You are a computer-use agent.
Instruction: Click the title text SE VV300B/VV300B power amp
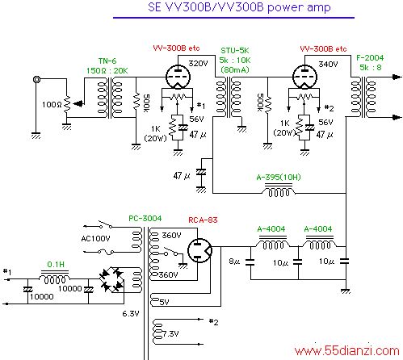pos(239,7)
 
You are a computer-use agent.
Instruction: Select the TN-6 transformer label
pos(107,61)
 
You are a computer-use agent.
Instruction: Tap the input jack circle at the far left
pos(36,79)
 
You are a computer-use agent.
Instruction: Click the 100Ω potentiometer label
pos(52,104)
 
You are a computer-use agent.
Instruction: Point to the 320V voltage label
pos(198,64)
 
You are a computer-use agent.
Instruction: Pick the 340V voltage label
pos(328,64)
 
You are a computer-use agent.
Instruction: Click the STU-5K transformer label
pos(235,51)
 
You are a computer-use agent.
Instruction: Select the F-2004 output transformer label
pos(370,57)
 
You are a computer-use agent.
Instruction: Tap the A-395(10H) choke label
pos(279,177)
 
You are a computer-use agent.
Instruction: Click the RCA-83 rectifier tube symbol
pos(199,250)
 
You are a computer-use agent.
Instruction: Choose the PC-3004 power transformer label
pos(145,218)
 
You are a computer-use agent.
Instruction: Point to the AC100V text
pos(95,238)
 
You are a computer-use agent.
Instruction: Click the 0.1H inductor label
pos(56,265)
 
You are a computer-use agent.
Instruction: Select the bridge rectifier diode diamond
pos(111,279)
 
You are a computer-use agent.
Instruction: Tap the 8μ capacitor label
pos(234,262)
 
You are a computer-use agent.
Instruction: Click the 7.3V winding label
pos(170,334)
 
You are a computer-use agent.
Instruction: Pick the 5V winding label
pos(164,302)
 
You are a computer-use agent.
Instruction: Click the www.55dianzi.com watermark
pos(346,351)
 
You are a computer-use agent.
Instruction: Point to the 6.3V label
pos(131,314)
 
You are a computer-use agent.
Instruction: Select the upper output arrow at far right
pos(397,77)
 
